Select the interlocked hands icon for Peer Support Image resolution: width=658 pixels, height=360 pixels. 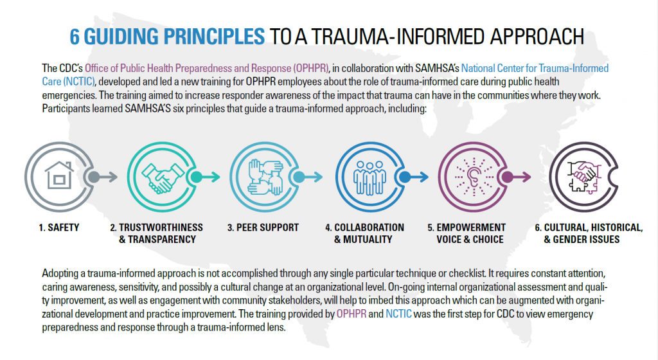[263, 177]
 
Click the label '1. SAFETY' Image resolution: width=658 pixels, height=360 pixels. [54, 228]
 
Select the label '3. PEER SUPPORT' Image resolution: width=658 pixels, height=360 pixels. [263, 228]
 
